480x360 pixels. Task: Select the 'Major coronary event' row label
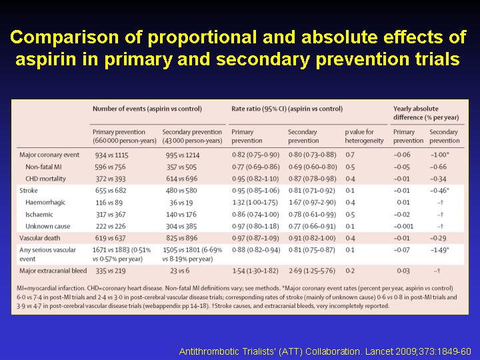pos(49,155)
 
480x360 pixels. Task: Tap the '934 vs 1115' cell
pos(112,155)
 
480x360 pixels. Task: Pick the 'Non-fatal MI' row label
pos(43,167)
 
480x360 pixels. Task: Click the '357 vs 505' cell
pos(181,167)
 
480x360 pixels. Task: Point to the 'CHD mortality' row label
pos(45,179)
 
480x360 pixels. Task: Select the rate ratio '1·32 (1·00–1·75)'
pos(255,203)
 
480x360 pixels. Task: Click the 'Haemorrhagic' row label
pos(45,203)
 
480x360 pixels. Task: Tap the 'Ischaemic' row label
pos(39,215)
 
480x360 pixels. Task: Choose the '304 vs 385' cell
pos(181,227)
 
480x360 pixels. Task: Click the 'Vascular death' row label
pos(40,238)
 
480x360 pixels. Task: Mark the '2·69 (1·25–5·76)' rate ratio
pos(312,271)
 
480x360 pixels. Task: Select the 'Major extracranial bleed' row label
pos(53,271)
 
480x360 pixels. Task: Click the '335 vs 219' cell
pos(111,271)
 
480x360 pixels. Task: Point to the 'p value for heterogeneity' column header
pos(364,136)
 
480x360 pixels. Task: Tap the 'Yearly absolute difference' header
pos(426,113)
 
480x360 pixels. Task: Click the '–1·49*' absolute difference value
pos(439,250)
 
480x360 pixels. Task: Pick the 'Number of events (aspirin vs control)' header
pos(147,109)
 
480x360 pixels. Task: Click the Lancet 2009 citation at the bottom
pos(325,351)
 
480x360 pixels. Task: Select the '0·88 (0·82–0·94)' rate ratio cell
pos(256,250)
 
